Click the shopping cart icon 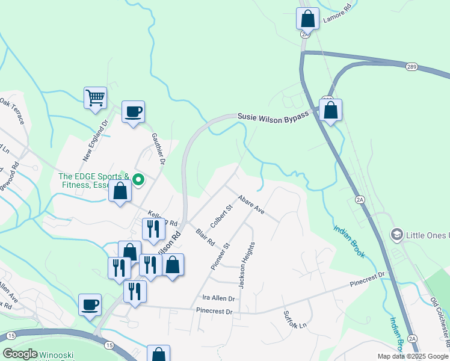[95, 97]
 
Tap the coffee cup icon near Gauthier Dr [133, 111]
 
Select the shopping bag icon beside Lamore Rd [307, 18]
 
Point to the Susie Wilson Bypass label [273, 116]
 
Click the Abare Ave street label [251, 205]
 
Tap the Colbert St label [221, 217]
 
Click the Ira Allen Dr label [218, 298]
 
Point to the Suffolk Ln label [295, 319]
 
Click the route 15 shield [109, 344]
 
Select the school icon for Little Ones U [396, 234]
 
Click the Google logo [20, 354]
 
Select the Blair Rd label [205, 238]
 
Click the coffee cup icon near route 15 [90, 304]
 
